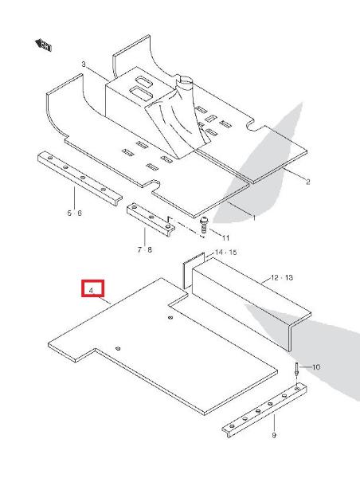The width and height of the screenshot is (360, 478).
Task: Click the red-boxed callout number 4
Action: pyautogui.click(x=91, y=291)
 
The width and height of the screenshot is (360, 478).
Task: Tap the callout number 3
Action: pyautogui.click(x=84, y=65)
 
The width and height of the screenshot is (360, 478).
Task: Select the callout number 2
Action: pyautogui.click(x=308, y=182)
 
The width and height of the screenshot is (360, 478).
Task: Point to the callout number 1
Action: pyautogui.click(x=254, y=217)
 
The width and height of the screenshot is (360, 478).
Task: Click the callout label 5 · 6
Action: pyautogui.click(x=75, y=213)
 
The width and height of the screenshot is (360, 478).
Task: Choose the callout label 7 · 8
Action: pyautogui.click(x=144, y=249)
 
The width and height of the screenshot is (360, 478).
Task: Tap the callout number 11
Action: pyautogui.click(x=225, y=237)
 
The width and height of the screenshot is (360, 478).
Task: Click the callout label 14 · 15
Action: pyautogui.click(x=226, y=253)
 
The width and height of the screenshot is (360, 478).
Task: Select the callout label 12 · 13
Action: pyautogui.click(x=282, y=277)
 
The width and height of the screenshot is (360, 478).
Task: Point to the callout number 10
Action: pyautogui.click(x=316, y=366)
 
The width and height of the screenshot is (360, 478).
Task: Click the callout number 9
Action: pyautogui.click(x=274, y=435)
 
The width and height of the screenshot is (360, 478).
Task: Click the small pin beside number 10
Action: pyautogui.click(x=296, y=370)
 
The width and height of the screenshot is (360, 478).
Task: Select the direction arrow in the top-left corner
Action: pyautogui.click(x=43, y=45)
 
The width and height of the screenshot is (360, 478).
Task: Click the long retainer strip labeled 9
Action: pyautogui.click(x=264, y=409)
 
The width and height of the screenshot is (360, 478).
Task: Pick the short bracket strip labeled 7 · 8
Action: pyautogui.click(x=151, y=220)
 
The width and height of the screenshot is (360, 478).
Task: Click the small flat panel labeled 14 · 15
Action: pyautogui.click(x=193, y=270)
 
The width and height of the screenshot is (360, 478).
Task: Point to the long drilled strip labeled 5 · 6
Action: pyautogui.click(x=80, y=178)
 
